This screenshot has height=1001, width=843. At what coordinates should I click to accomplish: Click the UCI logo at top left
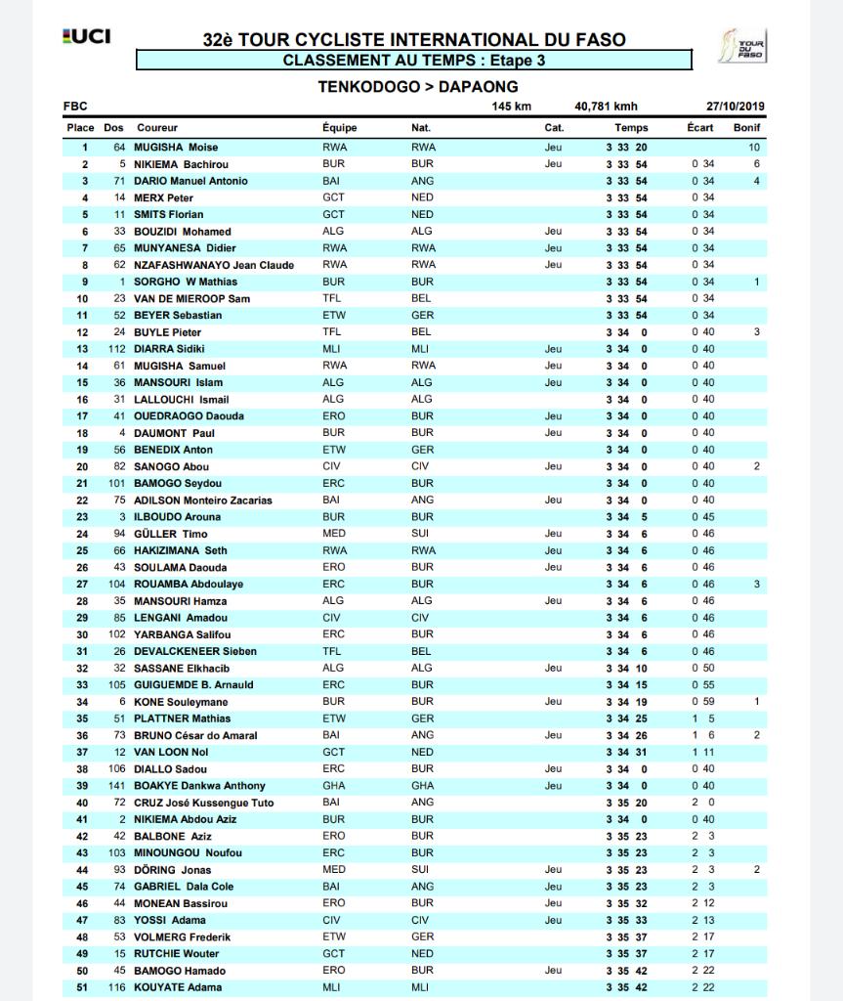point(87,36)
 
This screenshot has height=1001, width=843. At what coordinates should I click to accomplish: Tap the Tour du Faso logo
point(743,46)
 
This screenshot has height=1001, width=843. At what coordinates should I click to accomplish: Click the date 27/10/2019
point(736,107)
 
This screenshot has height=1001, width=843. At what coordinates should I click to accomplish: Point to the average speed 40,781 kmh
point(606,107)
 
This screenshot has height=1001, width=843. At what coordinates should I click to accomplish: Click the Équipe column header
point(339,128)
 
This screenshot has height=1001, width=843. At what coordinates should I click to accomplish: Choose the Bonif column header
point(746,128)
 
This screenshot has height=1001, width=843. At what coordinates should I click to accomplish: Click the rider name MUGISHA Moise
point(176,148)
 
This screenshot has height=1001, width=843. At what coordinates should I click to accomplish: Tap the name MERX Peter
point(163,197)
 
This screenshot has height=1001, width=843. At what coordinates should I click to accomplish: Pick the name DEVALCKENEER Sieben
point(195,651)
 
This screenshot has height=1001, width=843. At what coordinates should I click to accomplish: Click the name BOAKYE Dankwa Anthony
point(199,786)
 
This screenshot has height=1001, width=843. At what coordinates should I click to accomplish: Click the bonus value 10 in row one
point(754,148)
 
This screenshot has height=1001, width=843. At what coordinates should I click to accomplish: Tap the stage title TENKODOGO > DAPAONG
point(417,86)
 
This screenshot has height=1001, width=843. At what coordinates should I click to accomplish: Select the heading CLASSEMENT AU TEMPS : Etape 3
point(413,61)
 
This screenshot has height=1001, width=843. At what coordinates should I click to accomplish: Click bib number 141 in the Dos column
point(116,786)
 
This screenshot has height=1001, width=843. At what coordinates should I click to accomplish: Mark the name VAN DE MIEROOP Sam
point(191,298)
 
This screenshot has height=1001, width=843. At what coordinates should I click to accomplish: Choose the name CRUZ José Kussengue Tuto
point(203,803)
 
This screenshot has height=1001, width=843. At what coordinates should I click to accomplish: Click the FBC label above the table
point(75,107)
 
